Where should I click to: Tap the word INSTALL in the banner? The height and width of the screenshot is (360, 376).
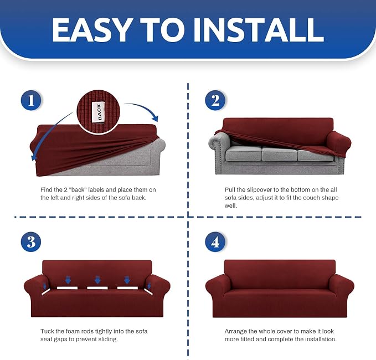259,30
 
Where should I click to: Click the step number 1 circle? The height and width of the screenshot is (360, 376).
30,100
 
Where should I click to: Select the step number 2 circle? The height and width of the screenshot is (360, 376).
215,100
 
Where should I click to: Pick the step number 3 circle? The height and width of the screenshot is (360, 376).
30,242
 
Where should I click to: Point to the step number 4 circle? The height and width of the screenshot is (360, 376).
215,242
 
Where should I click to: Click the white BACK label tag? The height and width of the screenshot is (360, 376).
99,112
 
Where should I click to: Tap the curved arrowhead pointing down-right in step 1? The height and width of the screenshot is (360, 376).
155,118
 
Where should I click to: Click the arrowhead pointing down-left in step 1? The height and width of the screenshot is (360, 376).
34,157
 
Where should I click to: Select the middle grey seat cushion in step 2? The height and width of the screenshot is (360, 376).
279,153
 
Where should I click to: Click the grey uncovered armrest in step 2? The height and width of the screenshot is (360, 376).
219,143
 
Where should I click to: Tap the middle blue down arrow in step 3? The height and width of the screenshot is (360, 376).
97,280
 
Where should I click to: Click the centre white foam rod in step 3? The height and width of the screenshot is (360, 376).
97,288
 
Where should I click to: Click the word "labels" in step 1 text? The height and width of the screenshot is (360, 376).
96,190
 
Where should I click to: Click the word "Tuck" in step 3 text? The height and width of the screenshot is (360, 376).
47,331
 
